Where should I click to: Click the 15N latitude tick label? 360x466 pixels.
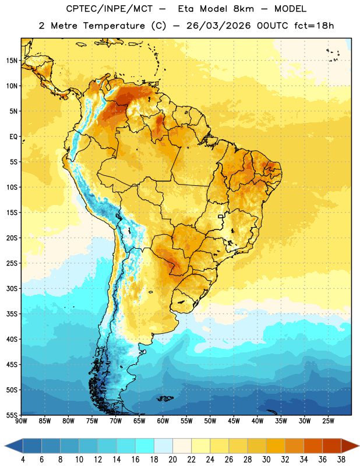click(12, 61)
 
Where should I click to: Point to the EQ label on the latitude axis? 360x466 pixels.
click(13, 137)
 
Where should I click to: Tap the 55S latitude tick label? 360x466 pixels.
click(12, 415)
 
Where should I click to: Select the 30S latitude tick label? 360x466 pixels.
click(12, 288)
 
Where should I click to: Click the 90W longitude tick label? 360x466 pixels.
click(22, 421)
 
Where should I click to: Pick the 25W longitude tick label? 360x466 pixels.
click(328, 421)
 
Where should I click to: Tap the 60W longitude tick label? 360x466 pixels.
click(163, 421)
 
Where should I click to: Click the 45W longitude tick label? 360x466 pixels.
click(234, 421)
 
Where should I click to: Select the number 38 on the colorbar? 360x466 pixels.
click(341, 460)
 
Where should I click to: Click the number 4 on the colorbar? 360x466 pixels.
click(23, 460)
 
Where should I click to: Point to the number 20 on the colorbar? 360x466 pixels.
click(172, 460)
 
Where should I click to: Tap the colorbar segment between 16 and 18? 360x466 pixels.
click(145, 446)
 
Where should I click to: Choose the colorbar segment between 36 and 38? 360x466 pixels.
click(332, 446)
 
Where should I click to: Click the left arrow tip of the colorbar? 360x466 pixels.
click(5, 446)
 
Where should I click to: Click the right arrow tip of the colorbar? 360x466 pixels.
click(359, 446)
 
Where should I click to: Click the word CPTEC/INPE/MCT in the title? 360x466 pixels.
click(109, 9)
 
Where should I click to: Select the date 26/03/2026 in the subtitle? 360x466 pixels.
click(218, 26)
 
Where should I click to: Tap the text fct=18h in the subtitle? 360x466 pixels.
click(314, 26)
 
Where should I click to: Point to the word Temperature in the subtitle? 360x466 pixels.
click(114, 26)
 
